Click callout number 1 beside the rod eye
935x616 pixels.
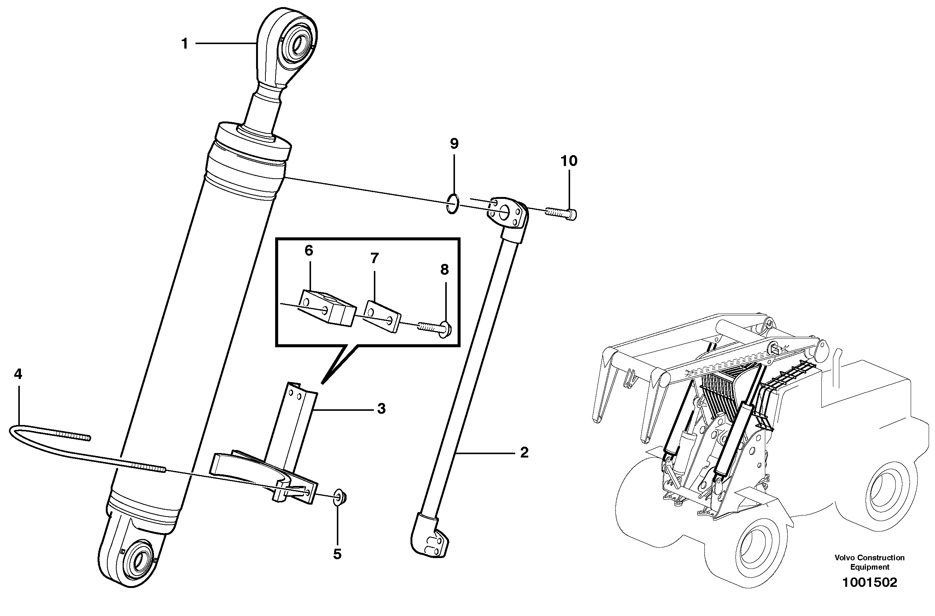coord(185,44)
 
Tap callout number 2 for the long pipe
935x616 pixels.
coord(524,453)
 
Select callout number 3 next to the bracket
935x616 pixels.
coord(381,409)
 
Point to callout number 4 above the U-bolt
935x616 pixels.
coord(18,374)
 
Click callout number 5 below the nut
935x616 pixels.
coord(337,554)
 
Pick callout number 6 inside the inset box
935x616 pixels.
coord(309,250)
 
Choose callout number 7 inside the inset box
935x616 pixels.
coord(374,258)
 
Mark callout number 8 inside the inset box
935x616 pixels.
coord(445,269)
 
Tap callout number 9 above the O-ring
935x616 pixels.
coord(454,144)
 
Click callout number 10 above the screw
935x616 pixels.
coord(569,161)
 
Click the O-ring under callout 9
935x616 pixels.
coord(453,204)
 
